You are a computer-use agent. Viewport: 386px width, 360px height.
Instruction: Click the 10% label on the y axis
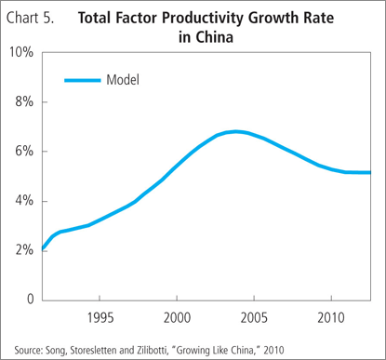tap(21, 52)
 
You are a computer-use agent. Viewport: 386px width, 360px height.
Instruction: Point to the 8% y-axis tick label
tap(24, 101)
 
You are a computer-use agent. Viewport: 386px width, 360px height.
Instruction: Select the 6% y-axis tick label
tap(24, 152)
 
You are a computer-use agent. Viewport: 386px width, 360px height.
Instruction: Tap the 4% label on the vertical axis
tap(24, 201)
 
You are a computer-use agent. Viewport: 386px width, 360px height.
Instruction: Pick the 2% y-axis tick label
tap(24, 250)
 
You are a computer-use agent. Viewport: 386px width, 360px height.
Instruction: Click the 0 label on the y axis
tap(30, 299)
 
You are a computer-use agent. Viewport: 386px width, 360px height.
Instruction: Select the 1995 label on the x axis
tap(100, 318)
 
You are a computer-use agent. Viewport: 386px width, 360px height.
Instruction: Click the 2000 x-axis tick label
tap(177, 318)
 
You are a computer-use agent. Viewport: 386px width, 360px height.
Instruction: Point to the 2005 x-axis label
tap(254, 318)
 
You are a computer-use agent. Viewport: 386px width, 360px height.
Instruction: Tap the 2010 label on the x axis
tap(331, 318)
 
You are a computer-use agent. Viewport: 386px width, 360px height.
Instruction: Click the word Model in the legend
tap(123, 80)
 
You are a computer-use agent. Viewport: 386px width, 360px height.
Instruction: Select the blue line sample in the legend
tap(83, 80)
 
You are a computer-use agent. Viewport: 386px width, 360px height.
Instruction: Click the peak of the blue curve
tap(236, 132)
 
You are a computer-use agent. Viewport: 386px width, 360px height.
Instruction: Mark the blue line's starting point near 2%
tap(43, 248)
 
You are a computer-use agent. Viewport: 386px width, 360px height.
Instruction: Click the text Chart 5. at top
tap(30, 18)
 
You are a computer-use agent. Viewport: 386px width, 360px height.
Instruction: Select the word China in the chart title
tap(214, 37)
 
